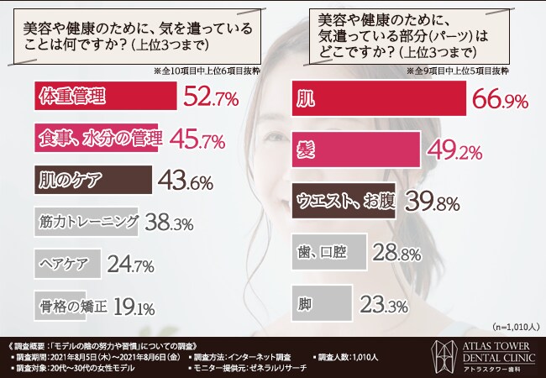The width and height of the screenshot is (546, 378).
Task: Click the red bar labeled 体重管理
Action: pyautogui.click(x=106, y=97)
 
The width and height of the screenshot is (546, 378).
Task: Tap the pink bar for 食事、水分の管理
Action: pyautogui.click(x=98, y=139)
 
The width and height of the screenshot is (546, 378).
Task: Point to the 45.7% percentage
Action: pyautogui.click(x=196, y=139)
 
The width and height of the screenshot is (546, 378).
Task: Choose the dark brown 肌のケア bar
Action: pyautogui.click(x=93, y=179)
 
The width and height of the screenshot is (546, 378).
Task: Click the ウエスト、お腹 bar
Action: pyautogui.click(x=344, y=201)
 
